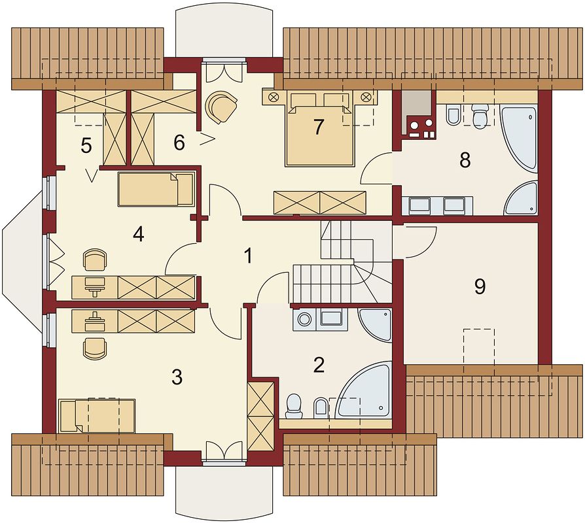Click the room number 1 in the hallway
pyautogui.click(x=248, y=256)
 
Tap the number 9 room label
pyautogui.click(x=480, y=286)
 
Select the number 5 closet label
pyautogui.click(x=86, y=146)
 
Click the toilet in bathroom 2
pyautogui.click(x=294, y=406)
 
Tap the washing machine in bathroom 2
pyautogui.click(x=305, y=320)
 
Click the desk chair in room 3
pyautogui.click(x=95, y=348)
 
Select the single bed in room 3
pyautogui.click(x=97, y=416)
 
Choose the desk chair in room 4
pyautogui.click(x=95, y=260)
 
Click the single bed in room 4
pyautogui.click(x=156, y=189)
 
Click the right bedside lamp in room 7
pyautogui.click(x=366, y=97)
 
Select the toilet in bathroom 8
pyautogui.click(x=479, y=115)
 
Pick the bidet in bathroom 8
pyautogui.click(x=453, y=116)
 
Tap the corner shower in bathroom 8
pyautogui.click(x=522, y=198)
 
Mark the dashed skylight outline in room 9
pyautogui.click(x=479, y=347)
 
